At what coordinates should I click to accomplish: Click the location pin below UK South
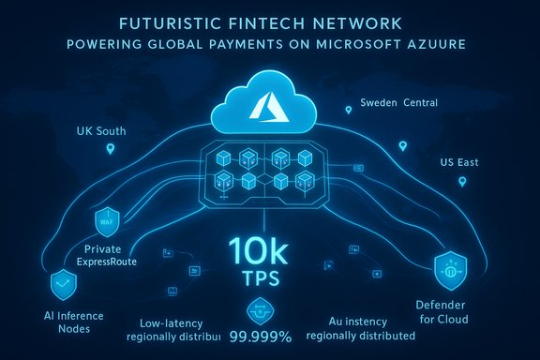111,149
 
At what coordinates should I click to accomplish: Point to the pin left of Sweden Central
348,111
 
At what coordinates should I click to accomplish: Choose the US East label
459,162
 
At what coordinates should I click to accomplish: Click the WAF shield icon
104,223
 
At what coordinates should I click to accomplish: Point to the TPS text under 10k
269,281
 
